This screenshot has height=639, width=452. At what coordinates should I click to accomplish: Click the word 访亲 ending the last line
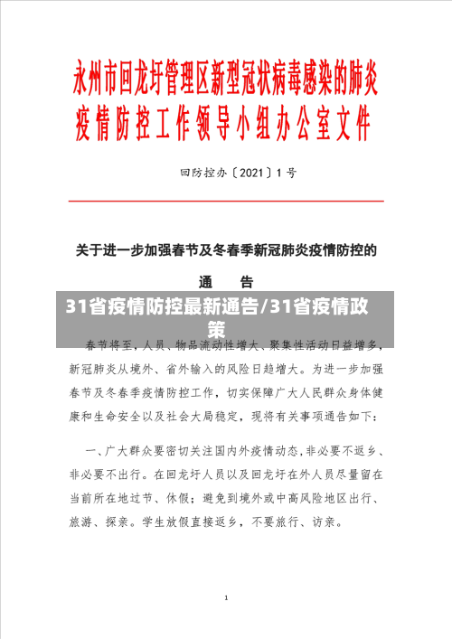[320, 522]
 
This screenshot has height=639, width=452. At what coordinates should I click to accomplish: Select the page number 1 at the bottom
[226, 598]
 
